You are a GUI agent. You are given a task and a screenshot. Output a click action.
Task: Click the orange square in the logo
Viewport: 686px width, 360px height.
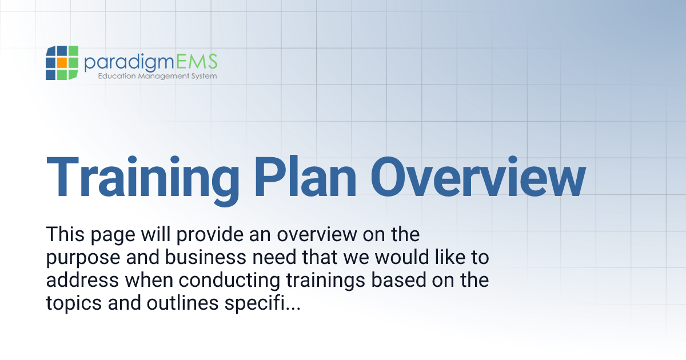[x=61, y=63]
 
